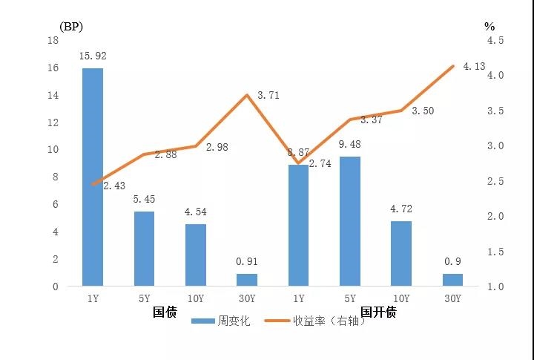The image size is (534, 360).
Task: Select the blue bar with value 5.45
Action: click(x=144, y=249)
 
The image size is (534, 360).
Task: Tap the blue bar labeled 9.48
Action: click(x=349, y=221)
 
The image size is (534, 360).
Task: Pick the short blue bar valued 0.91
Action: click(x=247, y=280)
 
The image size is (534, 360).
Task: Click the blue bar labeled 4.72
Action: click(x=401, y=253)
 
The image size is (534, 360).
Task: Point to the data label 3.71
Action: click(x=269, y=96)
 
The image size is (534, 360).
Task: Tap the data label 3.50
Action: click(x=422, y=111)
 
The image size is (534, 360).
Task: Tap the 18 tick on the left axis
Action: click(x=53, y=40)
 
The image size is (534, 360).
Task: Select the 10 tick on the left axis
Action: click(x=53, y=150)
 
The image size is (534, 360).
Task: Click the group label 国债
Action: click(x=165, y=312)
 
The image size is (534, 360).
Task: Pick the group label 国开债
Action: click(x=378, y=312)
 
